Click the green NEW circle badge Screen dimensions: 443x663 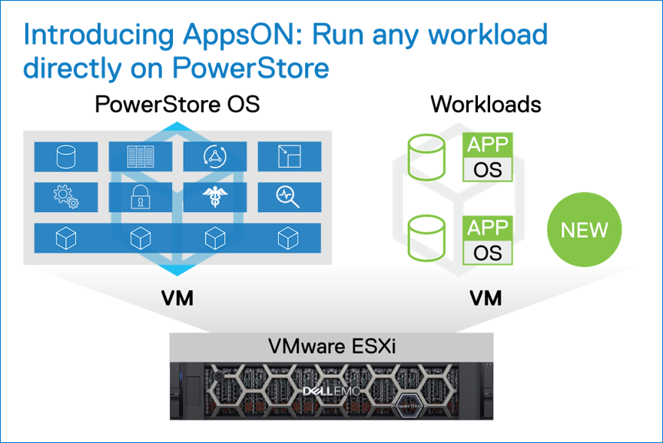[584, 230]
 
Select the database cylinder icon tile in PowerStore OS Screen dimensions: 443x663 [66, 157]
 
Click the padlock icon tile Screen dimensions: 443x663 [141, 198]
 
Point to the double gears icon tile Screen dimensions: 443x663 [66, 198]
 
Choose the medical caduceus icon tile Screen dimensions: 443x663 [215, 198]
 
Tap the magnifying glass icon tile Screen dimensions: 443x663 [290, 198]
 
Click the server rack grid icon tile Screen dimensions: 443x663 [141, 157]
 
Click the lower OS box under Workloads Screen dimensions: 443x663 [488, 252]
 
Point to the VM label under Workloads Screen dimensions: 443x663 [485, 298]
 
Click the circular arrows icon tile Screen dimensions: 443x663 [215, 157]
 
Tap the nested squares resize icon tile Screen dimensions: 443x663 [290, 157]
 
